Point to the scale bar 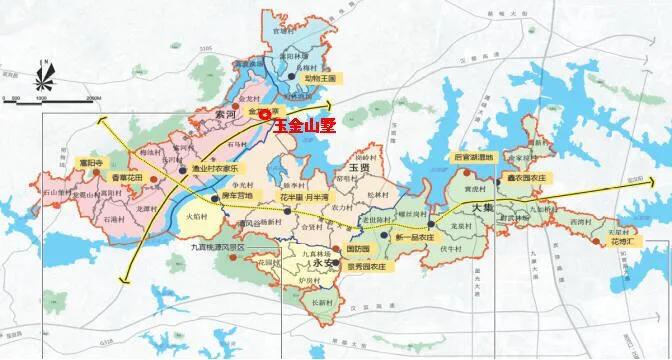(49, 98)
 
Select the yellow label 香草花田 (126, 177)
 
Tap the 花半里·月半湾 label (304, 198)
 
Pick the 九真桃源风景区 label (222, 244)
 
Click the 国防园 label (357, 248)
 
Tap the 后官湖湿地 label (473, 158)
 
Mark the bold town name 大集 (483, 206)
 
